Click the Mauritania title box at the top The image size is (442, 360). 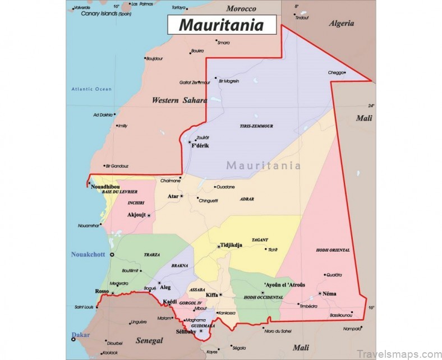coord(221,25)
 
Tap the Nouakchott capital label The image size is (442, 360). coord(88,255)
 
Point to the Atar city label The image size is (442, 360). coord(173,196)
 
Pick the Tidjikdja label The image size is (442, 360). coord(229,246)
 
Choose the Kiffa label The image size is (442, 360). coord(211,294)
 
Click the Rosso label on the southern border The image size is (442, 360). coord(102,292)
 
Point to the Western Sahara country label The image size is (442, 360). coord(179,100)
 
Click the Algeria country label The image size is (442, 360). coord(342,24)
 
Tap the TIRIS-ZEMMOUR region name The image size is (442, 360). coord(256,126)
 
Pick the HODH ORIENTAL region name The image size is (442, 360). coord(333,250)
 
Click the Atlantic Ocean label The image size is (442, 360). coord(91,89)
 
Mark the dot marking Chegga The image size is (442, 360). coord(345,72)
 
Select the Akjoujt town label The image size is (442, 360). coord(136,215)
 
